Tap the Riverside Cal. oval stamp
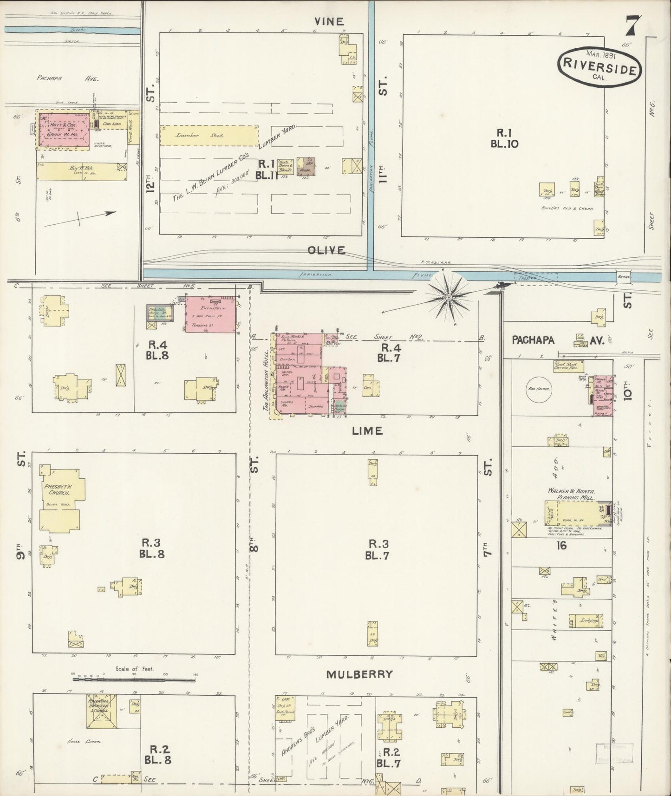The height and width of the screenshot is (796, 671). (599, 67)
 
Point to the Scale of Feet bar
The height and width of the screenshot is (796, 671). (134, 679)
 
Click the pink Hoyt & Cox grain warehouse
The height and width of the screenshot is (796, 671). (64, 131)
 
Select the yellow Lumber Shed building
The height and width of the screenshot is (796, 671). (208, 136)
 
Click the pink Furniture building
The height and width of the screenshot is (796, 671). (212, 314)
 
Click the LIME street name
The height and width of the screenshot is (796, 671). (367, 431)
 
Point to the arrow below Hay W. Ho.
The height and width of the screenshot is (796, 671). (80, 219)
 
